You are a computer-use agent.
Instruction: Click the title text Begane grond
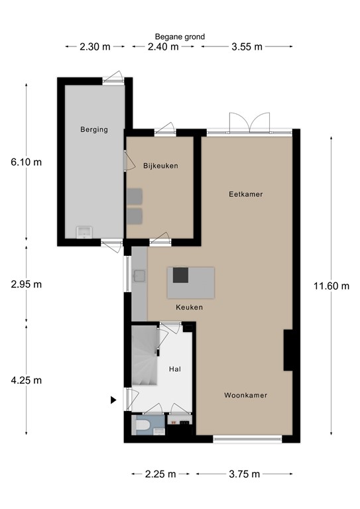click(180, 36)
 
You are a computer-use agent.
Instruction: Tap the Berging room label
click(94, 130)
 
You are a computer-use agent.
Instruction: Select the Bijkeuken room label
click(160, 165)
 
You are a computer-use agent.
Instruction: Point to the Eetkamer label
click(246, 194)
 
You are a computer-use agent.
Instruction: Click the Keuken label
click(189, 308)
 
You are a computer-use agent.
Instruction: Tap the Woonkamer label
click(245, 395)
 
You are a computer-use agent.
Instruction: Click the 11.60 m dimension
click(331, 286)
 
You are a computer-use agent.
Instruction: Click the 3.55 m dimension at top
click(247, 46)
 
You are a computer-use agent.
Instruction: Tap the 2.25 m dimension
click(160, 474)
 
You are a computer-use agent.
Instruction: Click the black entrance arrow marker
click(113, 400)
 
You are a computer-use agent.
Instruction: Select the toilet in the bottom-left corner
click(141, 425)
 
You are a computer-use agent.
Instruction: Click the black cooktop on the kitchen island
click(180, 275)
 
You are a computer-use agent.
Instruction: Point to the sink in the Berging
click(84, 231)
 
